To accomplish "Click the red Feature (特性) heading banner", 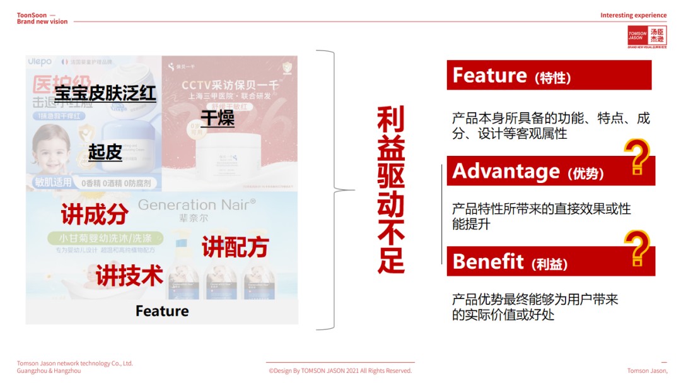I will pos(549,75).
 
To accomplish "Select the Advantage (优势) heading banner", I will pos(536,171).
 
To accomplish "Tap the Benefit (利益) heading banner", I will pos(536,261).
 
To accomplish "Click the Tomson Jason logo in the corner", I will pos(646,37).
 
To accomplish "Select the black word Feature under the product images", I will pos(162,311).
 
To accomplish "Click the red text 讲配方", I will pos(235,247).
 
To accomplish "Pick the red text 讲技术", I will pos(129,276).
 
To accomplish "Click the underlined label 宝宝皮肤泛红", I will pos(105,94).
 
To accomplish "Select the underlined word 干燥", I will pos(218,118).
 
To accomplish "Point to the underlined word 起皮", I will pos(105,152).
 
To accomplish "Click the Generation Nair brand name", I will pos(197,204).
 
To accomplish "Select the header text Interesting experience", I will pos(633,15).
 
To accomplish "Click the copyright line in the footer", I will pos(340,371).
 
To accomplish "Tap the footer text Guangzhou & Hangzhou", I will pos(49,371).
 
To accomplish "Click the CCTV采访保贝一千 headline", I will pos(230,85).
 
